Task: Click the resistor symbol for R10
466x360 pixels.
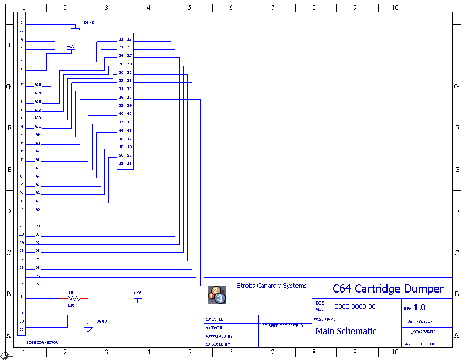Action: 73,298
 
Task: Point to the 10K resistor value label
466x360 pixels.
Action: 71,305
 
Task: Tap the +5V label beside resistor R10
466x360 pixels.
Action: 137,293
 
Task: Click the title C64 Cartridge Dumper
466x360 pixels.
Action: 388,289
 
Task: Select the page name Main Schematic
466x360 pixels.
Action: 346,331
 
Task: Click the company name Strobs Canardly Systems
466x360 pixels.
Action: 271,286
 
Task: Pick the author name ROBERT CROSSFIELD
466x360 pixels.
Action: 282,326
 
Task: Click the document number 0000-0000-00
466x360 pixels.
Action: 355,307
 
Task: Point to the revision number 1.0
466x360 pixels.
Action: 420,308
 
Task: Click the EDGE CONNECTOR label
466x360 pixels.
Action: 42,343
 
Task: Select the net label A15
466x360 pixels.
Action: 38,84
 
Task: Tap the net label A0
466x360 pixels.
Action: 38,209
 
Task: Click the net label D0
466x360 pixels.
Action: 38,226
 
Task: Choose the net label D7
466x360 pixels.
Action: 38,284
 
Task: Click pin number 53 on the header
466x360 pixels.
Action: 130,163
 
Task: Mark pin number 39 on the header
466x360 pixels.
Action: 130,105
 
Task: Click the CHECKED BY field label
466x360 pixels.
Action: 217,344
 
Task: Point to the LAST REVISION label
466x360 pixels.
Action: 420,321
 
